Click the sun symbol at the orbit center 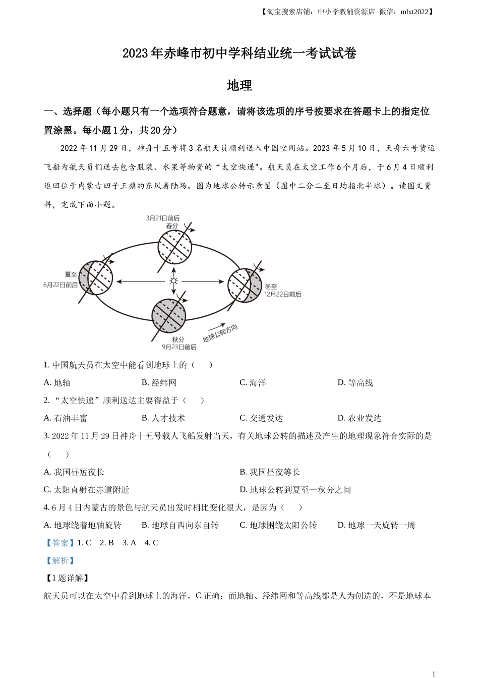[x=174, y=281]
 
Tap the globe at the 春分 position [x=174, y=247]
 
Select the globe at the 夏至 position [x=96, y=277]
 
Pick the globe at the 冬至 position [x=245, y=286]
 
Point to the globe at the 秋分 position [x=169, y=316]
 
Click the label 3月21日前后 [x=162, y=218]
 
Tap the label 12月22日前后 [x=283, y=294]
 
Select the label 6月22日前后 [x=61, y=285]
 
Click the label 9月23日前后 [x=179, y=347]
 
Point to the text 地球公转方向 [x=220, y=333]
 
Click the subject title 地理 [x=239, y=85]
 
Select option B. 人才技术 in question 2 [x=163, y=418]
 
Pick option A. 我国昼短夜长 [x=74, y=472]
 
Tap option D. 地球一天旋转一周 [x=376, y=525]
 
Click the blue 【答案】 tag [x=59, y=543]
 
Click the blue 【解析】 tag [x=59, y=560]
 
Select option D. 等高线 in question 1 [x=355, y=383]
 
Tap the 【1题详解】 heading [x=67, y=578]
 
